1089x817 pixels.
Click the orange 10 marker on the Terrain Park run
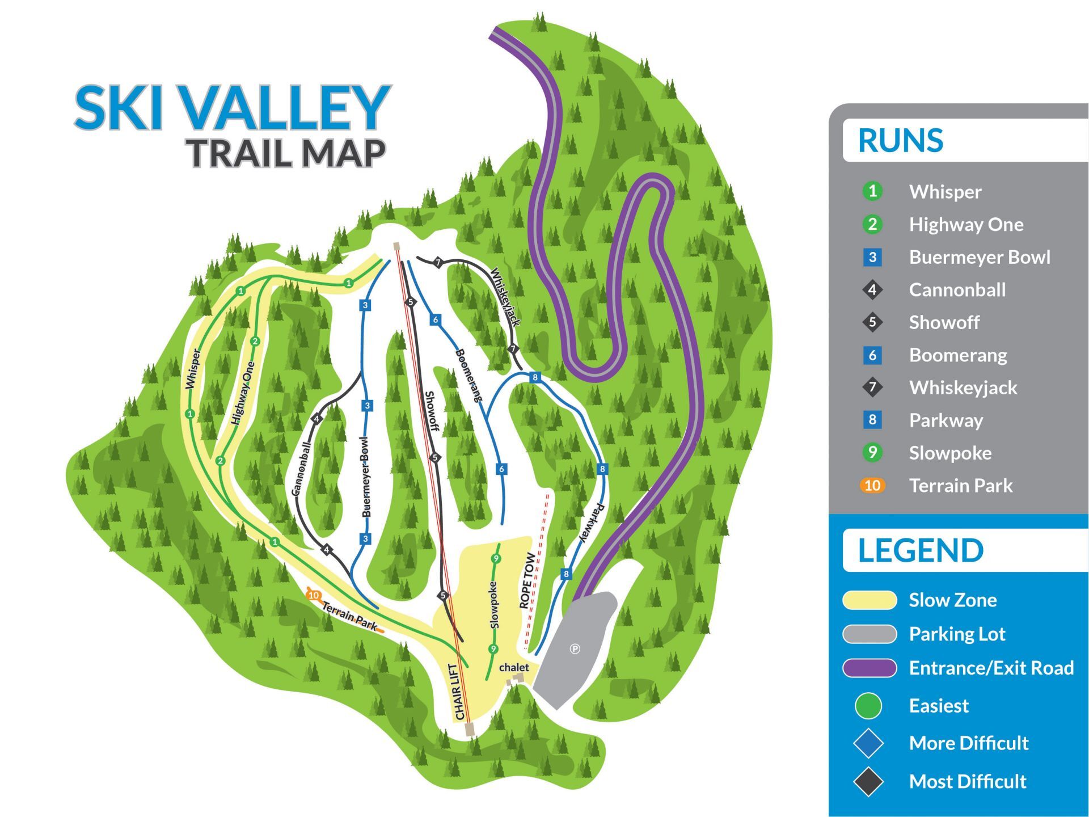(314, 595)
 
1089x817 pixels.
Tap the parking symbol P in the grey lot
(575, 648)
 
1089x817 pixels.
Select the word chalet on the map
(514, 667)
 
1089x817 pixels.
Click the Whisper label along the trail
(193, 369)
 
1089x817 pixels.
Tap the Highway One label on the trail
(243, 393)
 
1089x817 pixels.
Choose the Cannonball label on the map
(301, 469)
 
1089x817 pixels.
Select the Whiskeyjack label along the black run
(505, 297)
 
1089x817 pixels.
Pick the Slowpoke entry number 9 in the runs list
(872, 453)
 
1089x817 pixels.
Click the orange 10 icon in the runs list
(872, 486)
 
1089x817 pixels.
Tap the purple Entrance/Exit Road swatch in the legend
(869, 668)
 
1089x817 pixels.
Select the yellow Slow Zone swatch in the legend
(869, 600)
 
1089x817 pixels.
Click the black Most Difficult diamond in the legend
(868, 782)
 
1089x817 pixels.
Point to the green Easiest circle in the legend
(868, 706)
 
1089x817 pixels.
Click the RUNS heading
(901, 141)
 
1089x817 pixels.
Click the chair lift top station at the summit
(396, 246)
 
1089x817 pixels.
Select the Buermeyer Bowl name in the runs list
(980, 257)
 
